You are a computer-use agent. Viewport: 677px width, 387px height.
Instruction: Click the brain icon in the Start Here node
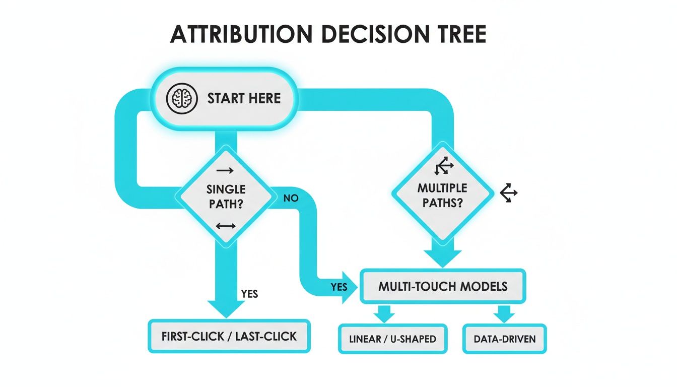click(180, 98)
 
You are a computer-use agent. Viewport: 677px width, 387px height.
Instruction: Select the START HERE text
click(244, 98)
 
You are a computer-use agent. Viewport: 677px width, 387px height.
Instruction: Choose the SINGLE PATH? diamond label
click(226, 197)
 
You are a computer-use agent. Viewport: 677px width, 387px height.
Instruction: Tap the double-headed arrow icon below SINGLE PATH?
click(225, 226)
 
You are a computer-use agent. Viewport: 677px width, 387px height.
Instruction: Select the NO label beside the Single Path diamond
click(291, 198)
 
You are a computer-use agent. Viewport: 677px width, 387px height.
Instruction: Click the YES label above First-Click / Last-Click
click(249, 294)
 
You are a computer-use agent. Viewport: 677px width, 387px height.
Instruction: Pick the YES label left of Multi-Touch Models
click(340, 287)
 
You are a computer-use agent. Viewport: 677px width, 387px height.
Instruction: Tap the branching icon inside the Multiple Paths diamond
click(444, 166)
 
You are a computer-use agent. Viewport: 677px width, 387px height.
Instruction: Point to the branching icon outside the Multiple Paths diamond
click(509, 193)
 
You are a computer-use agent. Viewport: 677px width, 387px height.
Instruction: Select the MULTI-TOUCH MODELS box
click(443, 287)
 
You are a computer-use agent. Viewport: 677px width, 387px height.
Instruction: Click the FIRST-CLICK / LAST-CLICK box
click(229, 336)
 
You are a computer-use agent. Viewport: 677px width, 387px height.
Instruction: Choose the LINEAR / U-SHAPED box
click(392, 339)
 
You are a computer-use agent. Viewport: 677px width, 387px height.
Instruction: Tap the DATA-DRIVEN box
click(504, 339)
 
